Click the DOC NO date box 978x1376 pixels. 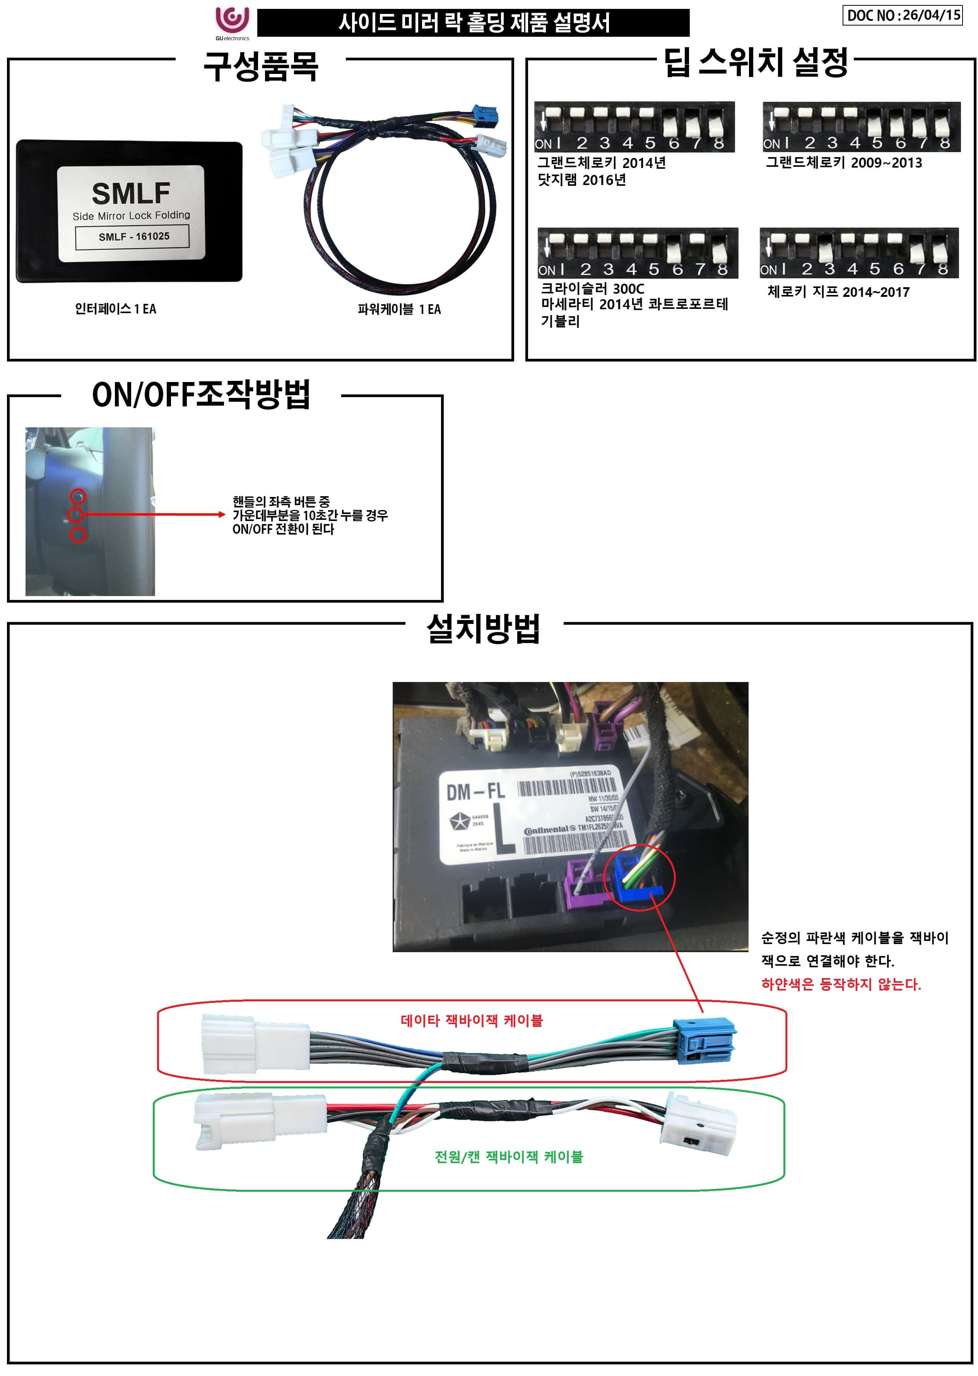(x=902, y=15)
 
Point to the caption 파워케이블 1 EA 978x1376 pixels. (x=399, y=310)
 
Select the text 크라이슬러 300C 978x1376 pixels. (x=592, y=289)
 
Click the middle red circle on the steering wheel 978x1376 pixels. (x=76, y=515)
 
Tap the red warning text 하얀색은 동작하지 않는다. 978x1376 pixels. (x=841, y=984)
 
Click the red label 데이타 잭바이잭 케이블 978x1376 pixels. (x=472, y=1021)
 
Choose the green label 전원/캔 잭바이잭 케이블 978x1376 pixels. (x=508, y=1157)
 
